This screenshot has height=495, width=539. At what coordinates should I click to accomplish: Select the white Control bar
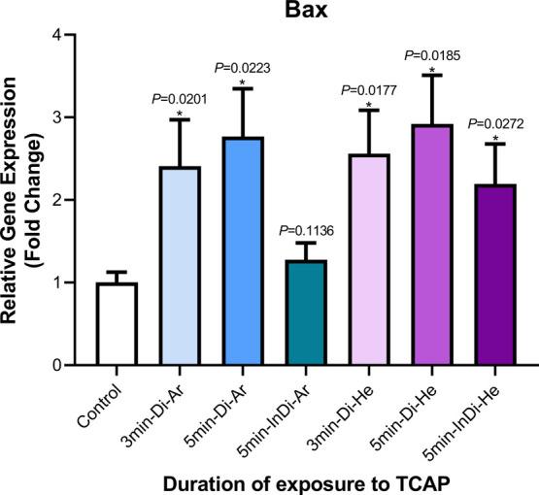pyautogui.click(x=116, y=324)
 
